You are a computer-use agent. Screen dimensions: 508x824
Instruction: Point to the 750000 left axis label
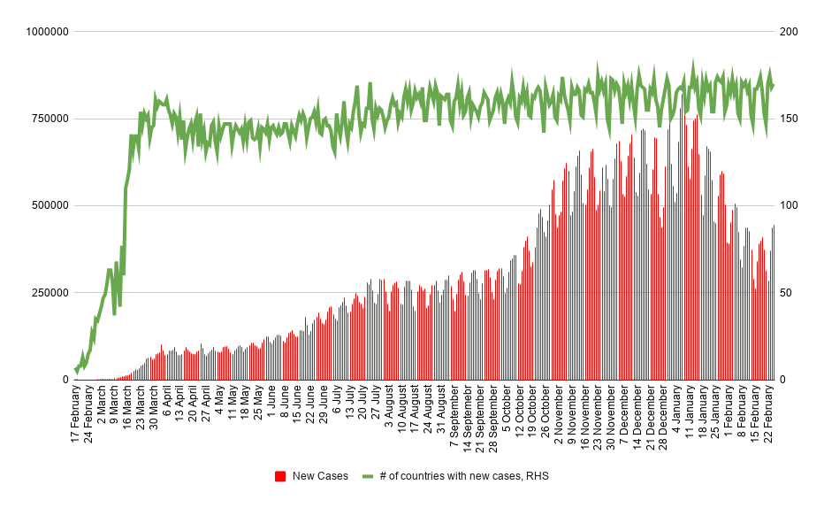(x=48, y=119)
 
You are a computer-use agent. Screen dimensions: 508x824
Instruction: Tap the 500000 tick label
(x=48, y=205)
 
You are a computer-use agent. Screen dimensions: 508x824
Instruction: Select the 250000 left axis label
(x=48, y=293)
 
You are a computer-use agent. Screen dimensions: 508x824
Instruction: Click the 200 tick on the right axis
(x=788, y=32)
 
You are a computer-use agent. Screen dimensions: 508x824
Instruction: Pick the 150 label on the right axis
(x=788, y=119)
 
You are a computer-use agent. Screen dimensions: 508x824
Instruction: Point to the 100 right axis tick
(x=788, y=205)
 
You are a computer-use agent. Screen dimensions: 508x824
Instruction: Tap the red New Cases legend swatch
(x=280, y=476)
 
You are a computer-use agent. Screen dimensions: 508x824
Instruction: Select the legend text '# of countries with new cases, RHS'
(x=464, y=476)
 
